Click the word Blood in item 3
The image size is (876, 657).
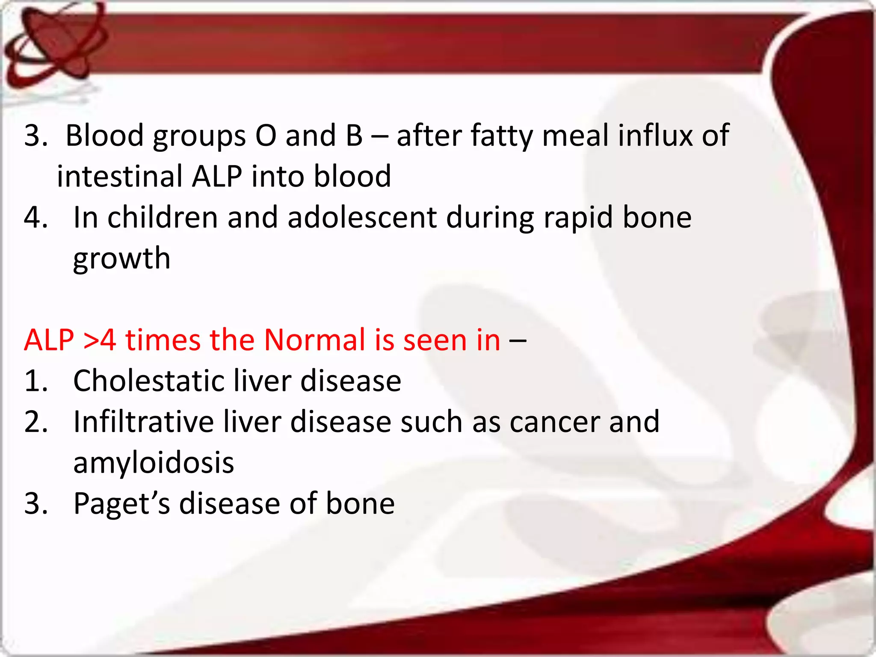tap(104, 136)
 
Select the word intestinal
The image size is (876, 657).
tap(120, 176)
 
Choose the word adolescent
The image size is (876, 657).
tap(362, 217)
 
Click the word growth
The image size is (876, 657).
tap(121, 259)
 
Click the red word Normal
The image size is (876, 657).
tap(314, 340)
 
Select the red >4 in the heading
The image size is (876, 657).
tap(100, 340)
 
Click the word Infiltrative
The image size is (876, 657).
tap(143, 422)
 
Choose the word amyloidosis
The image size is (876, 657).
tap(154, 463)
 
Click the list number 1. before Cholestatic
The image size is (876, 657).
tap(35, 381)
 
